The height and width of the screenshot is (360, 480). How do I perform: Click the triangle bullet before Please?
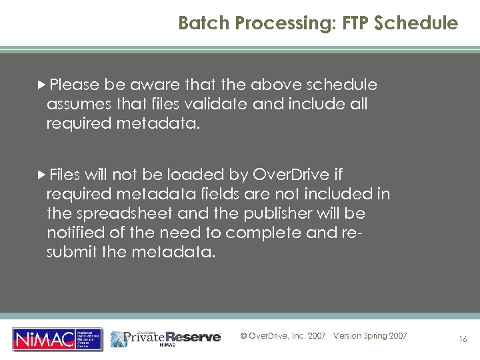(42, 85)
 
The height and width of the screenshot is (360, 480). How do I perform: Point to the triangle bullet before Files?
(42, 175)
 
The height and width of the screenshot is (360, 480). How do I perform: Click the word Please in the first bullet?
(74, 85)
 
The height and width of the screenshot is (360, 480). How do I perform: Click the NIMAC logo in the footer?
(57, 339)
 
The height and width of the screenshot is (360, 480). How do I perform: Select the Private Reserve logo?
(166, 338)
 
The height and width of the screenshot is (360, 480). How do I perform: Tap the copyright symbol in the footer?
(243, 336)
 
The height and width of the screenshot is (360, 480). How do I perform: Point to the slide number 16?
(463, 339)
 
